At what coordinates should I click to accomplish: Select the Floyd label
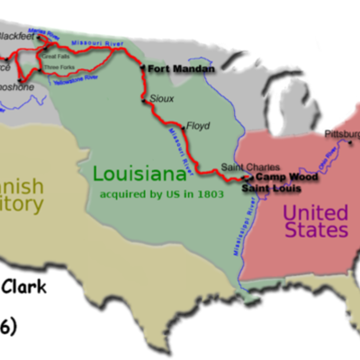coord(198,126)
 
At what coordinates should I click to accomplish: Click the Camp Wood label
coord(278,178)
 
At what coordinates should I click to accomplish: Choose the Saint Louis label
coord(267,190)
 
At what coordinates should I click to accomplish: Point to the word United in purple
coord(315,212)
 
